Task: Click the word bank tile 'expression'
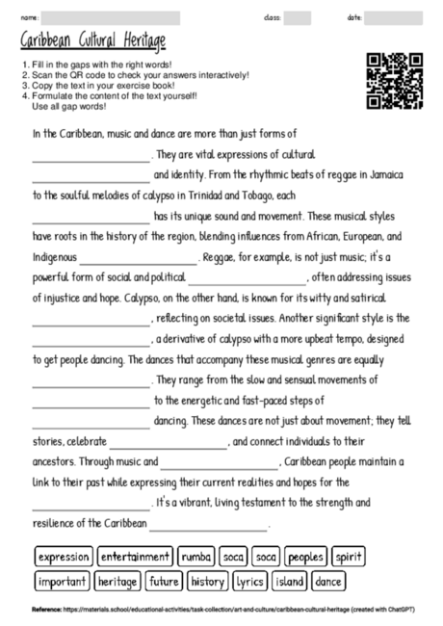coord(65,557)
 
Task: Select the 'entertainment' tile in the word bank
coord(135,557)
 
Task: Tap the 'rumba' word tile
coord(196,557)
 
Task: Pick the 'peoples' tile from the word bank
coord(305,557)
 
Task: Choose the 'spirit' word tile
coord(349,557)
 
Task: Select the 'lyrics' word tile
coord(250,582)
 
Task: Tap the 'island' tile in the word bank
coord(289,582)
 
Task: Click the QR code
coord(395,81)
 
